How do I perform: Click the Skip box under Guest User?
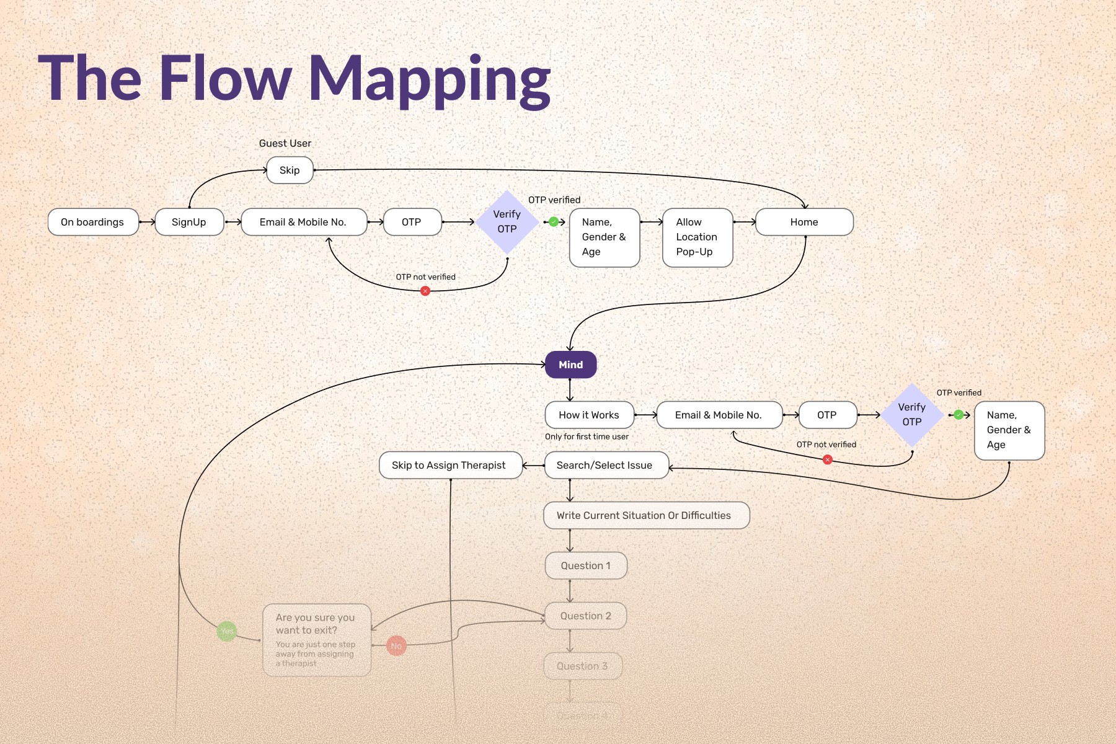pos(290,170)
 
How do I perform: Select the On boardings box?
pos(93,222)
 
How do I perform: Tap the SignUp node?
pos(189,222)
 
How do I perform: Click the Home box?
pos(804,222)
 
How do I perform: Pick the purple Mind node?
pos(570,365)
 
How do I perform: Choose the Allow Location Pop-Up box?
pos(697,237)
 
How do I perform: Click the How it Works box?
pos(589,415)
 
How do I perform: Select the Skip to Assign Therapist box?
pos(449,465)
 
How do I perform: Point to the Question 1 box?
pos(586,565)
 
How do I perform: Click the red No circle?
pos(396,645)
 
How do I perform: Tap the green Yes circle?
pos(227,631)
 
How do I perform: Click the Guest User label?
pos(285,143)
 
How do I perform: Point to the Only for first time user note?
pos(587,436)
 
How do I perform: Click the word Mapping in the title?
pos(429,79)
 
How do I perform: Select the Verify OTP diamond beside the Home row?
pos(507,222)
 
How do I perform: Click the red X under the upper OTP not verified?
pos(425,291)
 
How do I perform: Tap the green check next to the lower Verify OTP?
pos(959,415)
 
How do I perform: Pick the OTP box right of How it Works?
pos(827,415)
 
